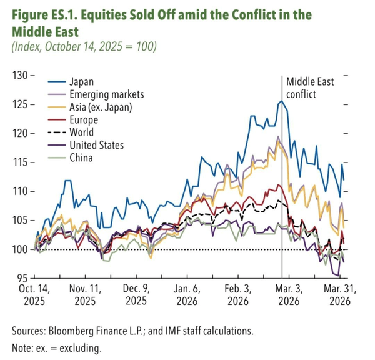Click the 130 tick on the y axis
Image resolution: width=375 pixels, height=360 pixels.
tap(21, 76)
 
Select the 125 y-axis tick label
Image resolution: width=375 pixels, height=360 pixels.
tap(21, 104)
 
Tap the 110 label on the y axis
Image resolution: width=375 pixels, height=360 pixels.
tap(21, 191)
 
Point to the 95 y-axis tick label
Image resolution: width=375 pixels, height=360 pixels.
tap(23, 278)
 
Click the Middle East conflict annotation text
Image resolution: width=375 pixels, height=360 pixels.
tap(311, 88)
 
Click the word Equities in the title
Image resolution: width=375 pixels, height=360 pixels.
tap(113, 14)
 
